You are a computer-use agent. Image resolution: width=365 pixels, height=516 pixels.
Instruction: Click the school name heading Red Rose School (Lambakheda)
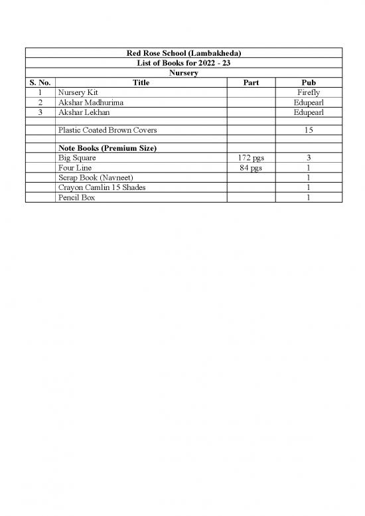(183, 53)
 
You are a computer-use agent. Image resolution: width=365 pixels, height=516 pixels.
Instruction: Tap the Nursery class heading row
(183, 72)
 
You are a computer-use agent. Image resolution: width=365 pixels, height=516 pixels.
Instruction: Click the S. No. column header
(40, 82)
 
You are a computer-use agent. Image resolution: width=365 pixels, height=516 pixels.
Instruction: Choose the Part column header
(251, 82)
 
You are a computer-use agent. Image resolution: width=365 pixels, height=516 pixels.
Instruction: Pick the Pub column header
(309, 82)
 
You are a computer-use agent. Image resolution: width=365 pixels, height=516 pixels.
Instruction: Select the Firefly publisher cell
(309, 92)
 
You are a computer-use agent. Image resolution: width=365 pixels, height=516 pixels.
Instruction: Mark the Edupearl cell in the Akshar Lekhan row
(309, 112)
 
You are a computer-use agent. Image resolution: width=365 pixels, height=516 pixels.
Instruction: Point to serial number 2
(40, 102)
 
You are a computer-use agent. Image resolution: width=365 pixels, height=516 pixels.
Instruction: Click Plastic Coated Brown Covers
(108, 130)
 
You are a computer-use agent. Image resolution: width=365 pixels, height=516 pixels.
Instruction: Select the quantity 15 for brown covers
(309, 130)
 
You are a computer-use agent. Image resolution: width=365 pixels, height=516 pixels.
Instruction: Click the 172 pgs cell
(251, 158)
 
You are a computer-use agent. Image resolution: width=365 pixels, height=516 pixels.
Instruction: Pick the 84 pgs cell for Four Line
(251, 168)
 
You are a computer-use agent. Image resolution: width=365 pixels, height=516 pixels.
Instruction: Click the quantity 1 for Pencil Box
(309, 198)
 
